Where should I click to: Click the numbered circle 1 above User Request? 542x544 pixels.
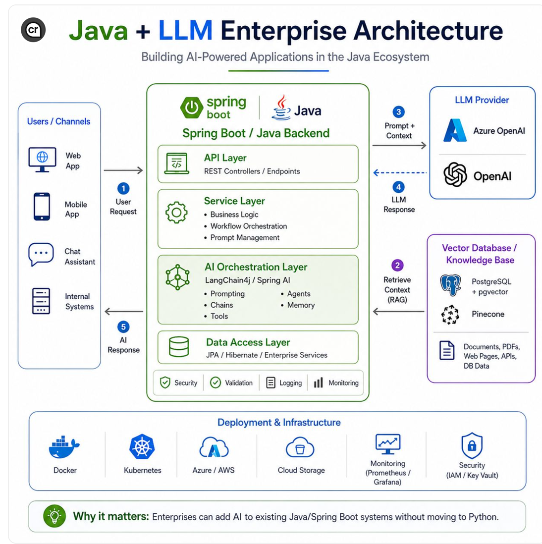click(x=123, y=188)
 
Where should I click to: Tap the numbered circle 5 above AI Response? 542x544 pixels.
click(x=123, y=327)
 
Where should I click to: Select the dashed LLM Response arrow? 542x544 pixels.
click(x=400, y=172)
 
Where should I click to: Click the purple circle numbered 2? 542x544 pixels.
click(x=397, y=266)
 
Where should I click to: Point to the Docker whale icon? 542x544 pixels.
click(x=64, y=447)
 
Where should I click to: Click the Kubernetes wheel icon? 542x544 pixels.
click(x=142, y=446)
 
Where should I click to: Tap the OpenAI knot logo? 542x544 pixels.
click(x=455, y=174)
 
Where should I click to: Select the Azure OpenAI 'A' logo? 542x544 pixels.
click(x=455, y=130)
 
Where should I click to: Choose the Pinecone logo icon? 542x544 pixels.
click(x=450, y=315)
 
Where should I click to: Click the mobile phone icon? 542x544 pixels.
click(x=42, y=207)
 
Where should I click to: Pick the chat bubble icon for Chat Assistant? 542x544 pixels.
click(x=41, y=254)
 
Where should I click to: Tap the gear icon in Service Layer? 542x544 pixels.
click(x=176, y=213)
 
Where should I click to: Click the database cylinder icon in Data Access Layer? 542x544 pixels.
click(x=179, y=347)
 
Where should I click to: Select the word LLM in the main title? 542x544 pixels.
click(x=185, y=31)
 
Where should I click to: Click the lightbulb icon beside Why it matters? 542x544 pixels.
click(x=54, y=516)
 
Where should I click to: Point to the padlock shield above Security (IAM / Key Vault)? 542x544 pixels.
click(x=472, y=445)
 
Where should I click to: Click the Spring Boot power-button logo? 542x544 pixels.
click(x=192, y=108)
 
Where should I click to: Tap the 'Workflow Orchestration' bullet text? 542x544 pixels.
click(x=248, y=226)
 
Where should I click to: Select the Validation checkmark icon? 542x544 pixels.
click(x=216, y=382)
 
